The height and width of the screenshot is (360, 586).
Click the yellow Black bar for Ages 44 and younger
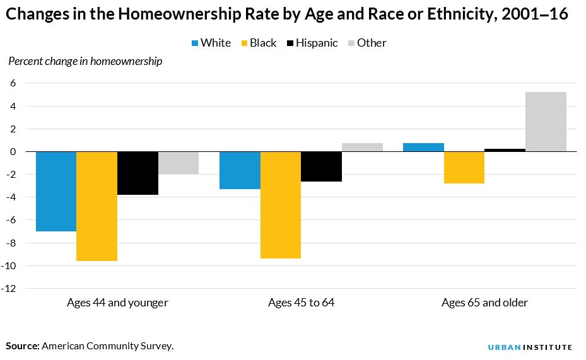[97, 206]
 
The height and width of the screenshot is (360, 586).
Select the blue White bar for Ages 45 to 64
[239, 170]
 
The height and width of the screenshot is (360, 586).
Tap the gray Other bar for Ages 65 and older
[546, 122]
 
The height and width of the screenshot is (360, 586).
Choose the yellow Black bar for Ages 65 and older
[464, 168]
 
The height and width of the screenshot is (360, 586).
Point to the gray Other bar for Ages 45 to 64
[362, 148]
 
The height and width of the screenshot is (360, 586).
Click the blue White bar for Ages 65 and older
[423, 148]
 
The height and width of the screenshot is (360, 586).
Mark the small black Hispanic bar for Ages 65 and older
[505, 150]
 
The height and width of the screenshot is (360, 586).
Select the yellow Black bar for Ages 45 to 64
[280, 205]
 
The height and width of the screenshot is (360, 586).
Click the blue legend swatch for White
[195, 44]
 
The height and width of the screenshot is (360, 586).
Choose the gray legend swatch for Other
[351, 44]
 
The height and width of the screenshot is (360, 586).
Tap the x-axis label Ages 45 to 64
[301, 303]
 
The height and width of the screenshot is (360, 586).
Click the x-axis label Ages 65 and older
[484, 303]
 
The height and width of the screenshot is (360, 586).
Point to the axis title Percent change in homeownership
[85, 61]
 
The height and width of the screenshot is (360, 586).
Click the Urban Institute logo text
[530, 347]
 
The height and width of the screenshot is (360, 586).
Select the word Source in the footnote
[23, 346]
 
